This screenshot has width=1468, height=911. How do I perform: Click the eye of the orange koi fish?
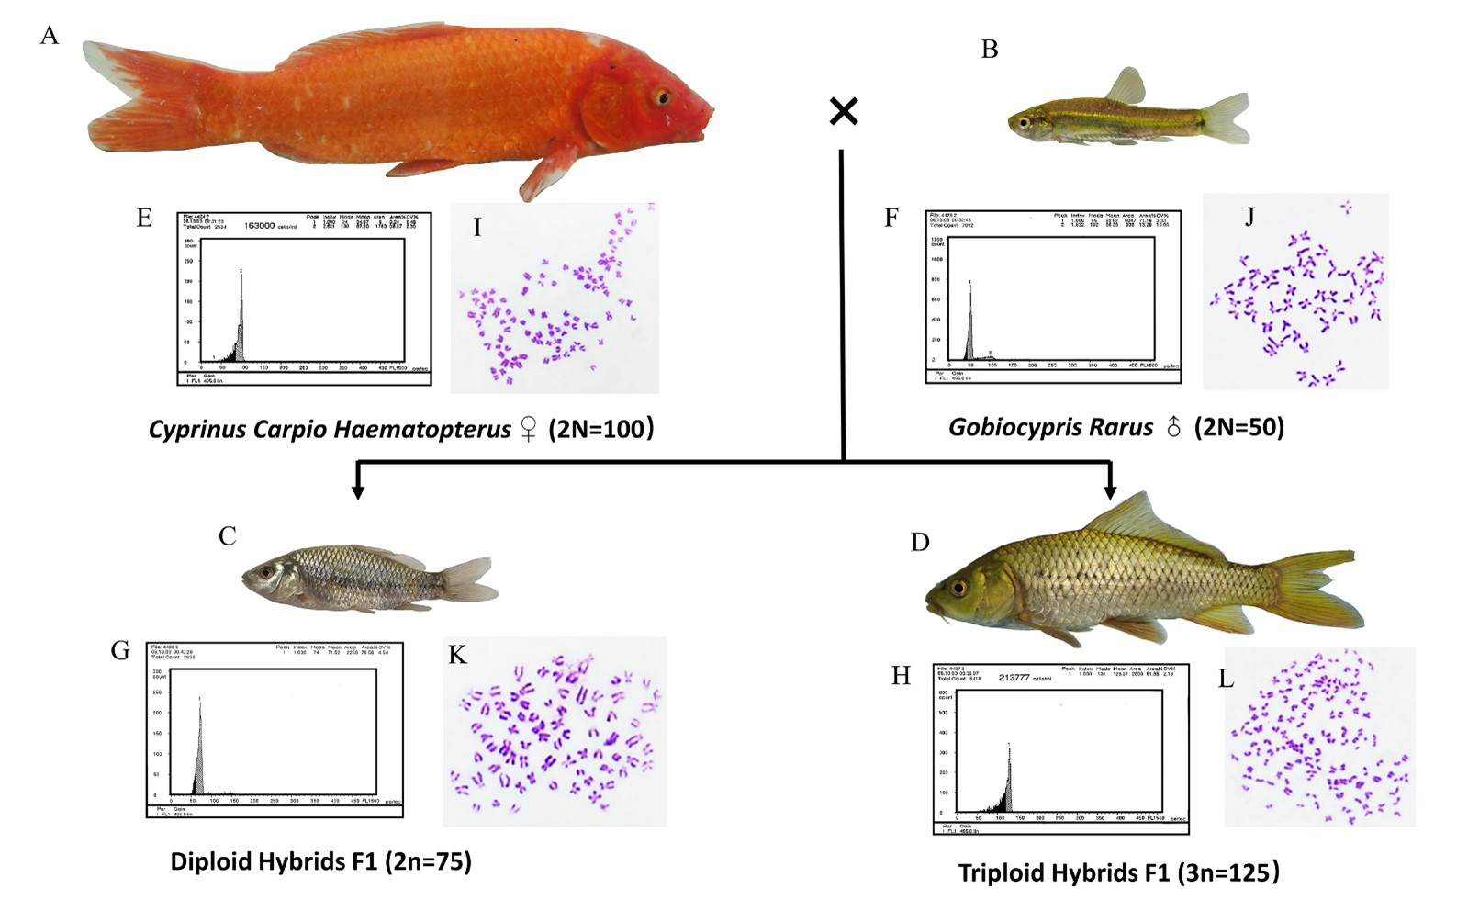[661, 96]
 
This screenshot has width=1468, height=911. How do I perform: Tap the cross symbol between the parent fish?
[844, 111]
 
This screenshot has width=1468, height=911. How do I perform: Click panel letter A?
[50, 36]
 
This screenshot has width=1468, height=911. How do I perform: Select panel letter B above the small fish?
[990, 50]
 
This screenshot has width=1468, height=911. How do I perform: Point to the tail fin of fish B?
[1227, 118]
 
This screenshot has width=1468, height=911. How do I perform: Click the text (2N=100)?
[601, 428]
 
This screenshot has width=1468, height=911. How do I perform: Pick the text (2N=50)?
[1238, 427]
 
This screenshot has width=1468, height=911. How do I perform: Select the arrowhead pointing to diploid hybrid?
[358, 491]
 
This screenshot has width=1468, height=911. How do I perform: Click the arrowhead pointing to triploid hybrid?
[1110, 492]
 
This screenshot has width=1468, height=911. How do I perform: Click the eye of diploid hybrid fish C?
[266, 572]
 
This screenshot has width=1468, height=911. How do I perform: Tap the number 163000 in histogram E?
[260, 225]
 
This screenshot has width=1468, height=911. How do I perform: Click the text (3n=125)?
[1228, 872]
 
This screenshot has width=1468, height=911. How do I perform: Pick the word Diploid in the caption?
[211, 861]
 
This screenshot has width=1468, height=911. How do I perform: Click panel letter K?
[457, 655]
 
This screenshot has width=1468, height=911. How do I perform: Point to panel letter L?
[1226, 679]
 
